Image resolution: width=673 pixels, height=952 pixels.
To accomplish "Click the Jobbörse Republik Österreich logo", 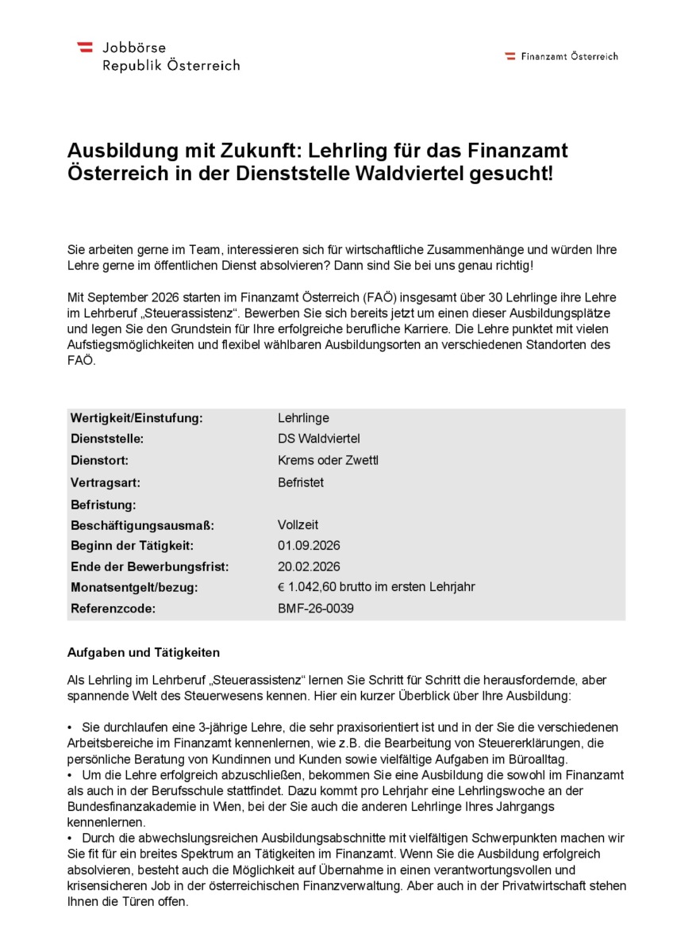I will coord(158,56).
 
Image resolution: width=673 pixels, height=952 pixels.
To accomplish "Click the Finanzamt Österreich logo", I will coord(561,56).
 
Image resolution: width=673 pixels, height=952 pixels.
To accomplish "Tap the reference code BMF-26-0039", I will coord(316,608).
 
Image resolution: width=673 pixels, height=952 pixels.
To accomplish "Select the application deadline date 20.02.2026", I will coord(309,566).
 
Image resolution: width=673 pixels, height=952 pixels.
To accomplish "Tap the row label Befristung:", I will coord(103,504).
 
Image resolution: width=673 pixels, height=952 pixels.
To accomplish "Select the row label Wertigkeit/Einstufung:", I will coord(137,418).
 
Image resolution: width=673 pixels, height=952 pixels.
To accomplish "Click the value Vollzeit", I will coord(298,524).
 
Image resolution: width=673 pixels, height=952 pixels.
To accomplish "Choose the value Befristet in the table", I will coord(301,482).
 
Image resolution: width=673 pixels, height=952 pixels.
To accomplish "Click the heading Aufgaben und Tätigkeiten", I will coord(144,652).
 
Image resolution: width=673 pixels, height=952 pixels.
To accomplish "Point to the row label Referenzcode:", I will coord(113,608).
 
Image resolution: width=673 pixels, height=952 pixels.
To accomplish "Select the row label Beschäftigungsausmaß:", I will coord(142,524).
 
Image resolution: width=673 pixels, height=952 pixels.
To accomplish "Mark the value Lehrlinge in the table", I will coord(303,418).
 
